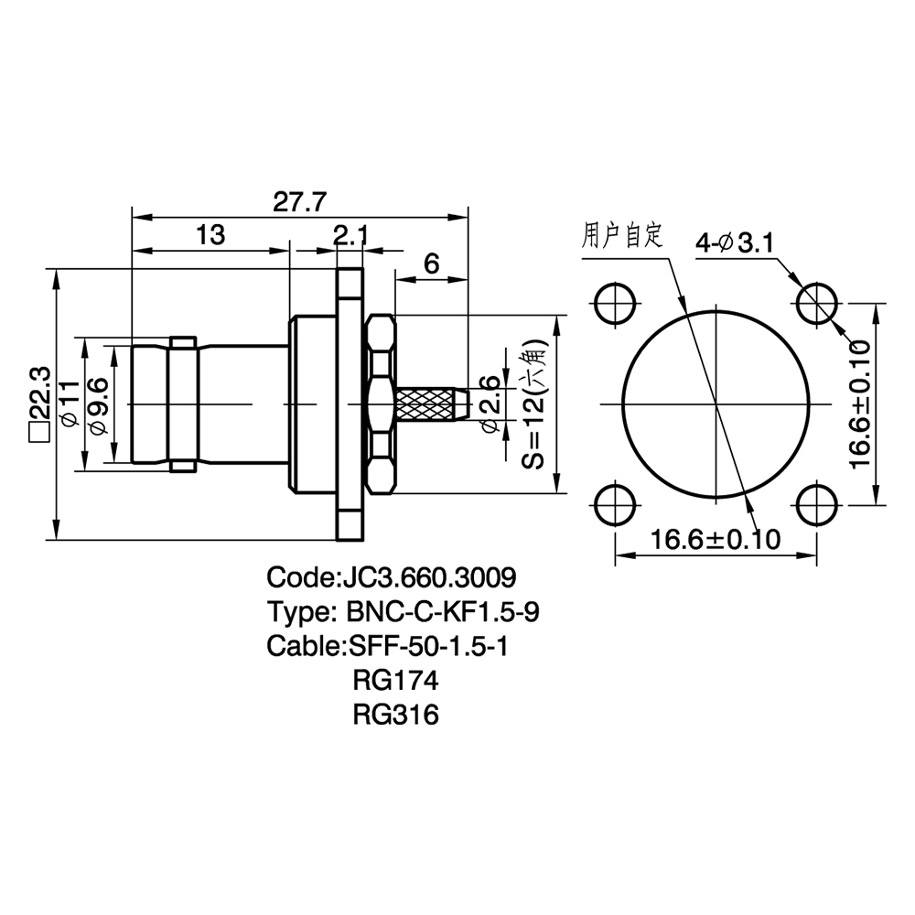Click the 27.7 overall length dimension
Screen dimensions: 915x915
tap(299, 202)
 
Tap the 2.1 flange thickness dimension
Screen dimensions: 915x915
tap(351, 235)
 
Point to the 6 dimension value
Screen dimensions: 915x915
tap(431, 264)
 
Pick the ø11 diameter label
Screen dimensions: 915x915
tap(69, 403)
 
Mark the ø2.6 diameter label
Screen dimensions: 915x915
tap(489, 404)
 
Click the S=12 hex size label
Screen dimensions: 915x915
tap(534, 404)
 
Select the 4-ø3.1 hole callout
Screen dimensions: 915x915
tap(735, 242)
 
